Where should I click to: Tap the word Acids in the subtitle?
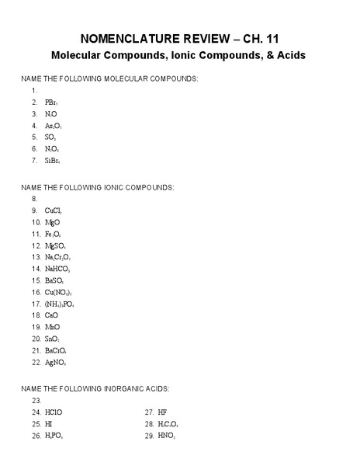(x=285, y=56)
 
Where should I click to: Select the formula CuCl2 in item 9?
(x=53, y=210)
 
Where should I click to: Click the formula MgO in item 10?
(x=52, y=222)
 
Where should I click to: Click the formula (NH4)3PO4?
(x=60, y=304)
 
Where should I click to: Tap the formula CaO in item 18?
(x=51, y=315)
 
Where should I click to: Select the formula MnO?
(x=52, y=327)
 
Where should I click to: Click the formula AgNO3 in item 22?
(x=56, y=362)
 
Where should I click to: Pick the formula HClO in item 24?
(x=54, y=412)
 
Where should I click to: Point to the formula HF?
(x=162, y=412)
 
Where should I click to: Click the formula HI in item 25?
(x=49, y=424)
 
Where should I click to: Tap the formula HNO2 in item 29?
(x=167, y=436)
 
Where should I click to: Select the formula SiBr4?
(x=53, y=161)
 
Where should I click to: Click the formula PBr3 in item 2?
(x=51, y=102)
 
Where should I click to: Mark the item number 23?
(x=36, y=400)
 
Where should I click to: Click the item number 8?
(x=35, y=199)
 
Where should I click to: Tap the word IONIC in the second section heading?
(x=99, y=187)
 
